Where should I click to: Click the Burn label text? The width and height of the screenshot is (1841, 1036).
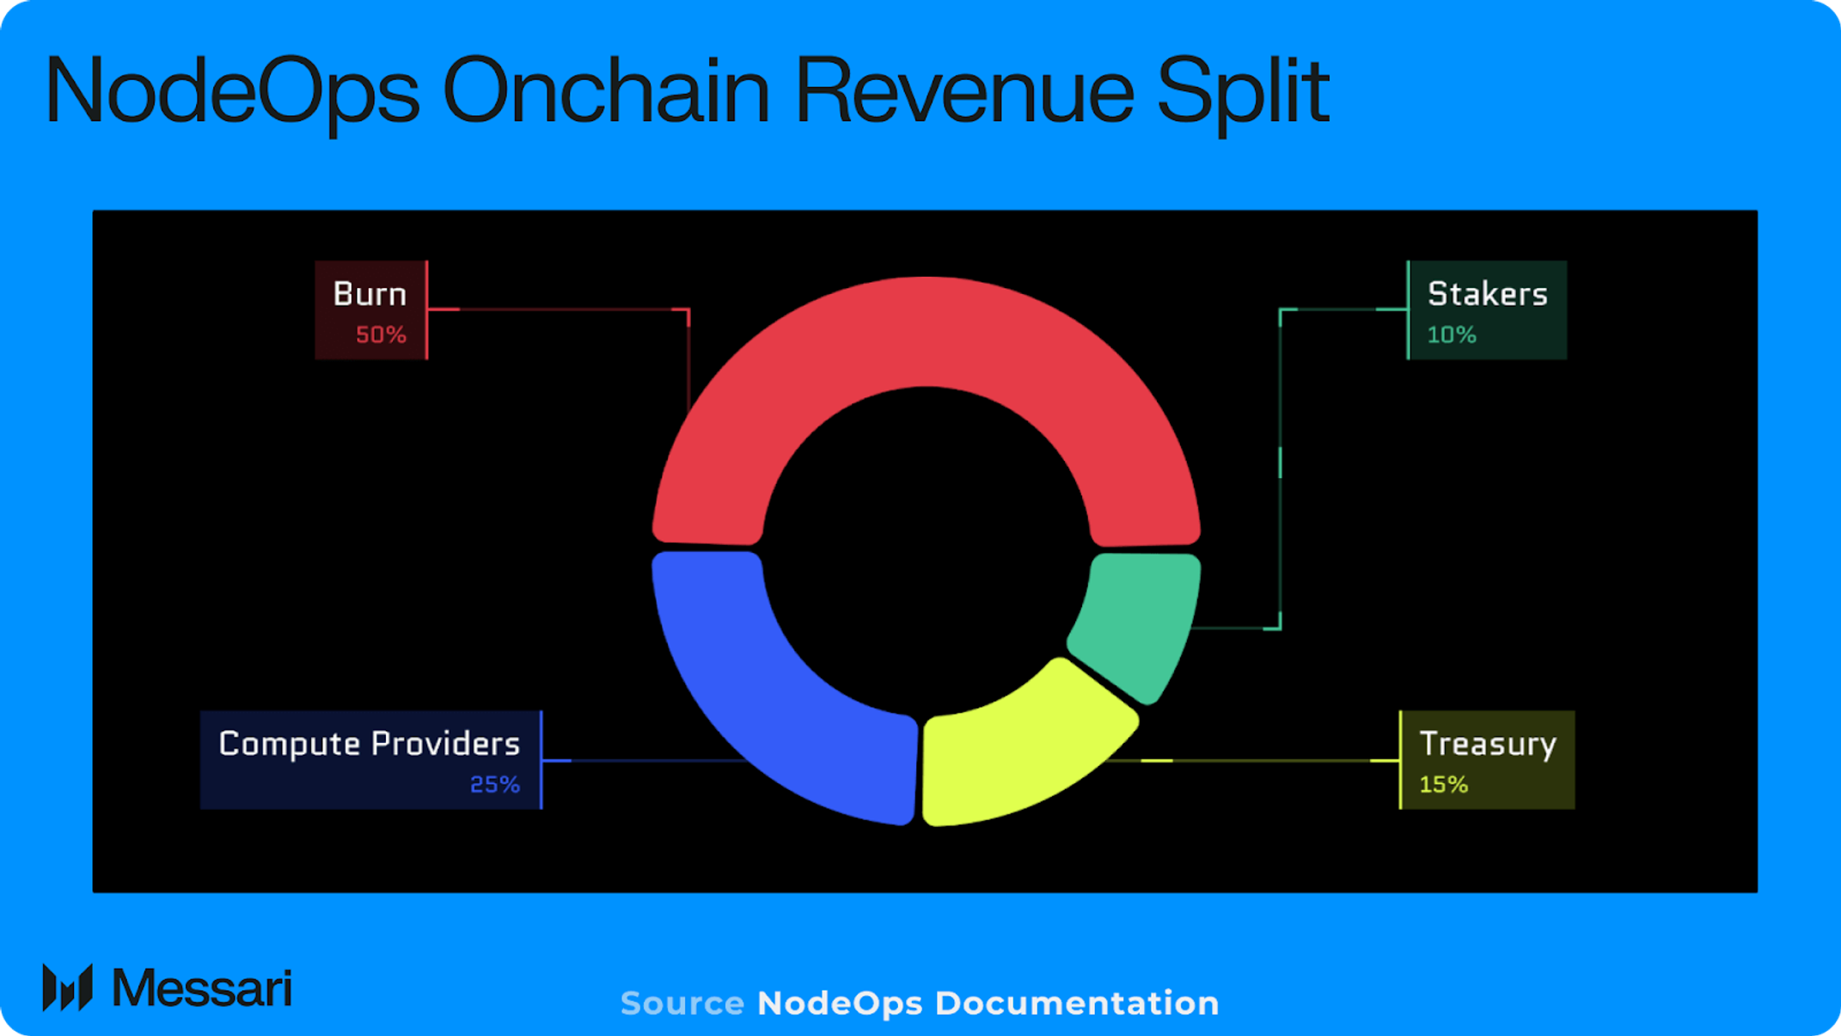tap(370, 295)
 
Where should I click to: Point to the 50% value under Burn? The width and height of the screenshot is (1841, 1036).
tap(381, 335)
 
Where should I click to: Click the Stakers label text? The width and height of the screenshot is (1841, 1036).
tap(1487, 295)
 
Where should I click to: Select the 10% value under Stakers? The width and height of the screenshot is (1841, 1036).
tap(1452, 335)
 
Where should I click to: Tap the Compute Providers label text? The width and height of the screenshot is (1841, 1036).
tap(369, 745)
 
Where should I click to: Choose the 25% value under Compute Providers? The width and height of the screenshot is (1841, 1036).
tap(494, 785)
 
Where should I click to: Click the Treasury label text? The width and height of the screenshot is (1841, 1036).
tap(1488, 745)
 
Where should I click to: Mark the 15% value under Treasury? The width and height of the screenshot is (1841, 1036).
tap(1443, 785)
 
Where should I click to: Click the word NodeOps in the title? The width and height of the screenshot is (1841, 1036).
tap(232, 90)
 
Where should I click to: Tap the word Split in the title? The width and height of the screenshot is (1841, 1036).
tap(1243, 90)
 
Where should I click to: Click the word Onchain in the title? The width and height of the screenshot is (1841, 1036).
tap(606, 90)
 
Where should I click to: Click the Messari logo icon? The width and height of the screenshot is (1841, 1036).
tap(67, 988)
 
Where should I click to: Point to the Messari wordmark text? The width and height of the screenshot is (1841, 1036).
tap(202, 989)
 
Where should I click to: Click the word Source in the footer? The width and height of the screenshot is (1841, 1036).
tap(682, 1003)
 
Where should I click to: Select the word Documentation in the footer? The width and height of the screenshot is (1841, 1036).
tap(1077, 1003)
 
